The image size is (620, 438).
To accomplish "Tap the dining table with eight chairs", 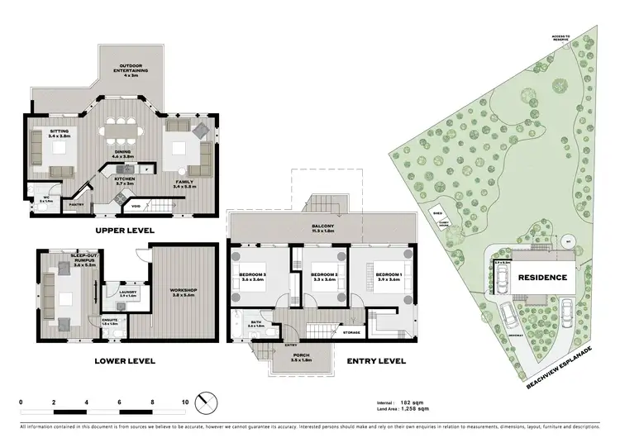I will click(122, 131).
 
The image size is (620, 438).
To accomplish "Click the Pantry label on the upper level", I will click(76, 202).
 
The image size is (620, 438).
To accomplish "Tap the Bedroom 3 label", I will click(258, 277).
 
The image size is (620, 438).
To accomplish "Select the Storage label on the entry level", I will click(351, 332).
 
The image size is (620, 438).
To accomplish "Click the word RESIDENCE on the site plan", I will click(542, 278).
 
